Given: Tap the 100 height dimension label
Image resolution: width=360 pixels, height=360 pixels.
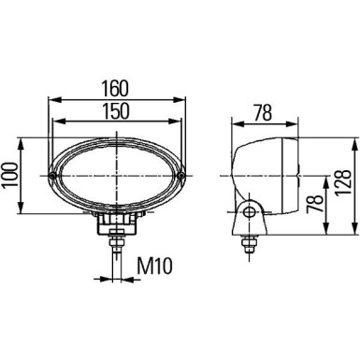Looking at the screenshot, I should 12,175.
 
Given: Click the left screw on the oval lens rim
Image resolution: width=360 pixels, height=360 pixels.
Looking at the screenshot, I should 53,175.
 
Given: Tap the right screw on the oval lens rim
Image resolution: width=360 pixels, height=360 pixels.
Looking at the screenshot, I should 183,175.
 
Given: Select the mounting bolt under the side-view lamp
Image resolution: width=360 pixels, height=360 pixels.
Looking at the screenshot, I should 249,245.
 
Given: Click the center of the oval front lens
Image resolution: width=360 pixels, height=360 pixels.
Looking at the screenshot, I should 119,175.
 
